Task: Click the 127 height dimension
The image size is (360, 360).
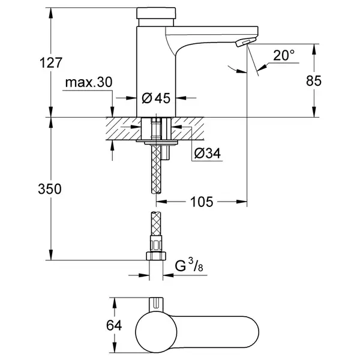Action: [51, 62]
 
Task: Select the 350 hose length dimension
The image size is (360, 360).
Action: [50, 189]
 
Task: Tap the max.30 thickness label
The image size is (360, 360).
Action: [89, 82]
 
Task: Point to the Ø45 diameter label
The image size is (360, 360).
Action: [156, 98]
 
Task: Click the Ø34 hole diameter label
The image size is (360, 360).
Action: [208, 153]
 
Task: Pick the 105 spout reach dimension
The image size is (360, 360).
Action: [202, 202]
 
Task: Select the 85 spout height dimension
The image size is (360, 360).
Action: [314, 81]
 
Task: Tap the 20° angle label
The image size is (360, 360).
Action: [284, 55]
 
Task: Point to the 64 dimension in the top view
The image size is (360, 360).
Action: [114, 325]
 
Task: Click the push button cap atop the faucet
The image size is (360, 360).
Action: [156, 13]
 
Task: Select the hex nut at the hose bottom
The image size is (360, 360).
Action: [156, 256]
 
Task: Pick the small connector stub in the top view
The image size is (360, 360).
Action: [156, 304]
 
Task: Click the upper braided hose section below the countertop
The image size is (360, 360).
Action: [157, 169]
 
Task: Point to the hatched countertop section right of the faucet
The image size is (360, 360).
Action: [188, 128]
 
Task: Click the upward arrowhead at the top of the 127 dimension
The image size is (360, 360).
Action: [51, 13]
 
